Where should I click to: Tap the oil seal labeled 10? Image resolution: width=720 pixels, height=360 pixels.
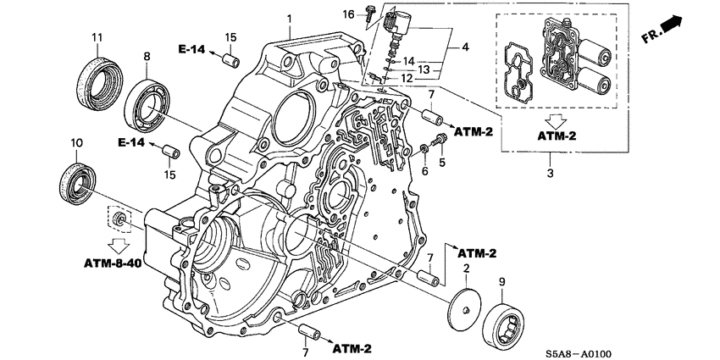pos(75,182)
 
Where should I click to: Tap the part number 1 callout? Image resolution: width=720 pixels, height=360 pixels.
pos(288,19)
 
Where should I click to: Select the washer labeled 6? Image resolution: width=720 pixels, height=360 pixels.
pos(424,150)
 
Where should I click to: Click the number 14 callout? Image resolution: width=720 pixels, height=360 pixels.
pos(408,61)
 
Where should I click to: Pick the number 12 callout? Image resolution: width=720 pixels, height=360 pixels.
pos(407,78)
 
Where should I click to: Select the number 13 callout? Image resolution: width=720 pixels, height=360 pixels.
pos(429,69)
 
